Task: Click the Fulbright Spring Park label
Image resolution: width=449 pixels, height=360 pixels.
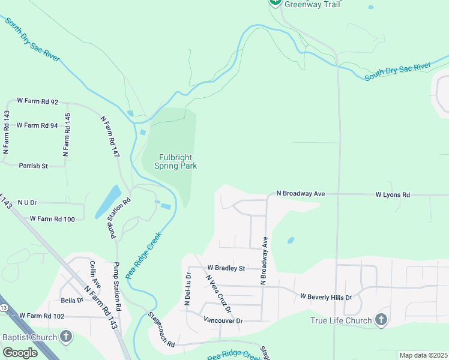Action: (x=176, y=161)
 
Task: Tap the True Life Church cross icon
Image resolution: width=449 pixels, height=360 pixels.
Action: (x=381, y=320)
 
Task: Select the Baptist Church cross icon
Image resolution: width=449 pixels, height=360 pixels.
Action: (x=66, y=337)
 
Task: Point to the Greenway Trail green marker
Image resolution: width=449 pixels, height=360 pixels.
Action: (x=275, y=2)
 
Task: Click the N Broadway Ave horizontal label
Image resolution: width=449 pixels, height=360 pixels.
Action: (x=300, y=194)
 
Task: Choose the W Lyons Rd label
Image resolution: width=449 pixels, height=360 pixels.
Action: (x=393, y=195)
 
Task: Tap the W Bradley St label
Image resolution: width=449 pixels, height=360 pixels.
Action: (x=226, y=268)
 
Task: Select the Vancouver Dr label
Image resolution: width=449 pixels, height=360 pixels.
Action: (x=223, y=320)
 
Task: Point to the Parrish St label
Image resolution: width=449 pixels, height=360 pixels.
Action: (x=33, y=166)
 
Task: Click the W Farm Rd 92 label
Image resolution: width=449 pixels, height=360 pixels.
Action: (x=37, y=102)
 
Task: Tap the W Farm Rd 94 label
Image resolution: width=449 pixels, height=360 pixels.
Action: (x=37, y=125)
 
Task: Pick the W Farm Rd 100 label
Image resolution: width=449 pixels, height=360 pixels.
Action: (x=52, y=219)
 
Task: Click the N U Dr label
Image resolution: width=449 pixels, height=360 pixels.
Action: (x=28, y=203)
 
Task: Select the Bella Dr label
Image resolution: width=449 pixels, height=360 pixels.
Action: (x=71, y=300)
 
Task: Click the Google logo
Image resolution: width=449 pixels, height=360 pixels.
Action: (x=20, y=353)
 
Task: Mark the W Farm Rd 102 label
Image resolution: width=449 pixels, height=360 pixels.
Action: (x=41, y=316)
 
